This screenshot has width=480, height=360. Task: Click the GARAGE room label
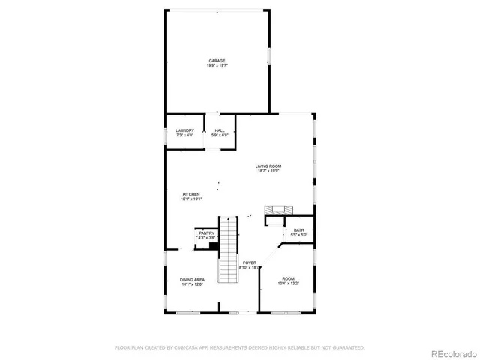point(217,61)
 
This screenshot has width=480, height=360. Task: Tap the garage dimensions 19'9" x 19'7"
point(217,66)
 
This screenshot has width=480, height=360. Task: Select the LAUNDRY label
point(185,130)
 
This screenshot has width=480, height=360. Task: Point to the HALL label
point(219,130)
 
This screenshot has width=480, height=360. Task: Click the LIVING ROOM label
point(268,166)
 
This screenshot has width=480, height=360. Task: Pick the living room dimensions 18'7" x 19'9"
point(268,172)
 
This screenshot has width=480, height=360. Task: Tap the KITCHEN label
point(190,194)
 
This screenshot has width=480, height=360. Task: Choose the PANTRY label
point(206,233)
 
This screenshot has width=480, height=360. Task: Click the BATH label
point(299,230)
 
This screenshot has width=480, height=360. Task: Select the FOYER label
point(250,262)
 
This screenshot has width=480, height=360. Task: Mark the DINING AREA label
point(192,280)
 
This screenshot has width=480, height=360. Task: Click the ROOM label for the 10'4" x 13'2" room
point(288,278)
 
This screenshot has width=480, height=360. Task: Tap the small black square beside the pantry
point(214,245)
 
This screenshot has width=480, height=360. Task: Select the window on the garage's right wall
point(270,58)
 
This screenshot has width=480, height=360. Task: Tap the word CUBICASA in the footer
point(187,347)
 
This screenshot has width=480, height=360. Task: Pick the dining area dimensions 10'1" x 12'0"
point(192,285)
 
